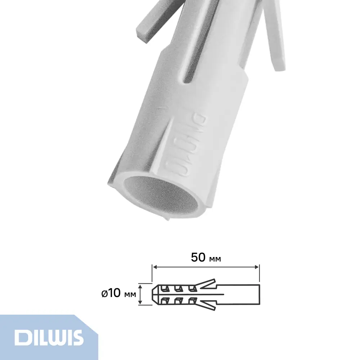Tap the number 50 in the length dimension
(198, 257)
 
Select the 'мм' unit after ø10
(129, 295)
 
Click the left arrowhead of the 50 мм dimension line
(155, 267)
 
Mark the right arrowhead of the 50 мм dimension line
(257, 267)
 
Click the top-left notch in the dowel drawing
(165, 288)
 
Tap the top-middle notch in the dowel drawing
(179, 288)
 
